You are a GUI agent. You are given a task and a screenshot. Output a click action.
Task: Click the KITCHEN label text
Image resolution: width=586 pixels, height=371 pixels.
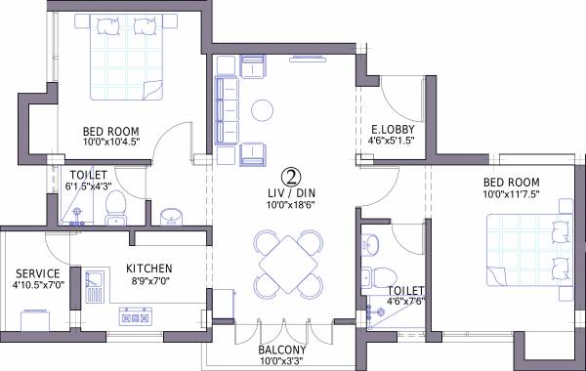149,268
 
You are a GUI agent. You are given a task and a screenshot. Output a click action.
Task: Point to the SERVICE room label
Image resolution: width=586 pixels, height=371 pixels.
38,273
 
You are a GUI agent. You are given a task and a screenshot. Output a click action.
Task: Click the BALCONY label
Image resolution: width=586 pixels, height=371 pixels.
282,350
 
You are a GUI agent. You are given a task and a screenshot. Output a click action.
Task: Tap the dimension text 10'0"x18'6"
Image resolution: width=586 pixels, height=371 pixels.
290,205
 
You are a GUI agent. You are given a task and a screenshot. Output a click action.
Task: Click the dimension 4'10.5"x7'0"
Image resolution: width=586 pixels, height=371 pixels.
38,286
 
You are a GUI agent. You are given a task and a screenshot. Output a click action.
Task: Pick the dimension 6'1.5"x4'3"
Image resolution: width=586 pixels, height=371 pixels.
89,185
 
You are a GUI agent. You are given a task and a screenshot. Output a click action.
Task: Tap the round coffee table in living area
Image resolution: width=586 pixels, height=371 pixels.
263,108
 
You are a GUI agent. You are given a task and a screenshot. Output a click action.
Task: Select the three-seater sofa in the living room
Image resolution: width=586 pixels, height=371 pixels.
225,109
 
